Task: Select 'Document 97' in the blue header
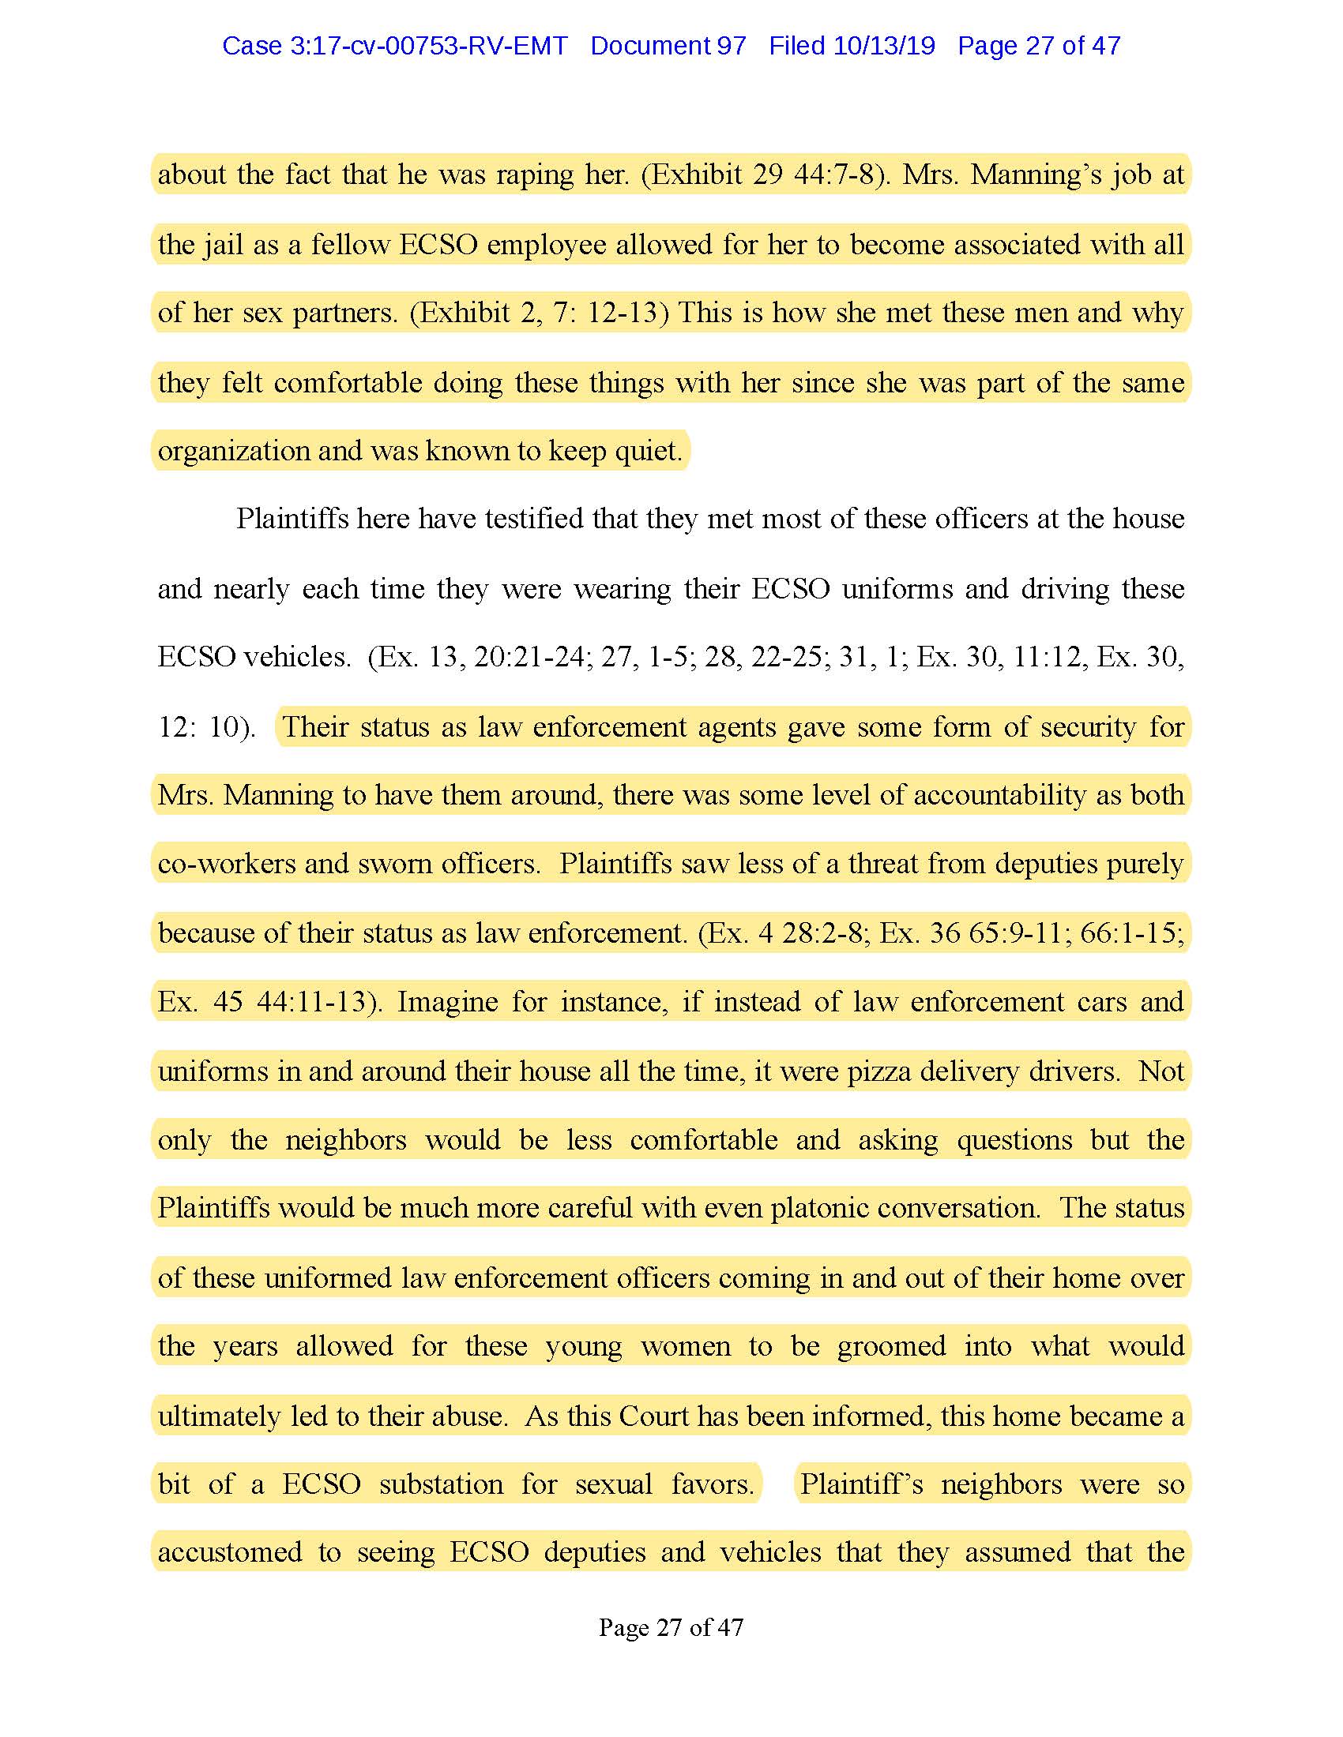[668, 46]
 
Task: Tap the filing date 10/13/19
[884, 46]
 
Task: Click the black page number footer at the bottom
[671, 1627]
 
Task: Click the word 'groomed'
[891, 1345]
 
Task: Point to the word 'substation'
[441, 1484]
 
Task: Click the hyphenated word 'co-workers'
[226, 864]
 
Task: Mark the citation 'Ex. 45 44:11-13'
[269, 1001]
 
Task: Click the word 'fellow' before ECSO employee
[350, 244]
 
